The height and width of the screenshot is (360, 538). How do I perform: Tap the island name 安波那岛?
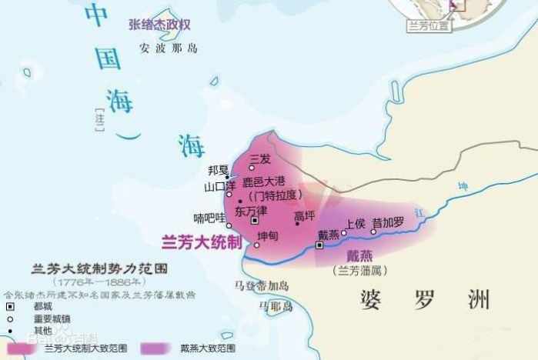click(x=169, y=48)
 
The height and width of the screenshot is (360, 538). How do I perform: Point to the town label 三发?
click(x=260, y=158)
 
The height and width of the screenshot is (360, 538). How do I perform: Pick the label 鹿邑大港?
click(x=269, y=182)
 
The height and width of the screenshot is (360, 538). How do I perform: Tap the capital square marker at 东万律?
click(x=256, y=221)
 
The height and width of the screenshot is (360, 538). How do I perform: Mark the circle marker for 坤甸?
click(x=256, y=245)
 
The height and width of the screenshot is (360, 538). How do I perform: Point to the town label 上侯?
click(x=355, y=223)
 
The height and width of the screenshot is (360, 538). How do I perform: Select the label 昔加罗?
click(x=387, y=223)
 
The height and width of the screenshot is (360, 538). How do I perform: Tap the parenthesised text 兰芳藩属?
click(x=360, y=271)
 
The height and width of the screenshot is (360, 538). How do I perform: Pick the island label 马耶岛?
click(x=276, y=306)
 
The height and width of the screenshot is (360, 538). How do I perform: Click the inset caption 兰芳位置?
click(x=430, y=25)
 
